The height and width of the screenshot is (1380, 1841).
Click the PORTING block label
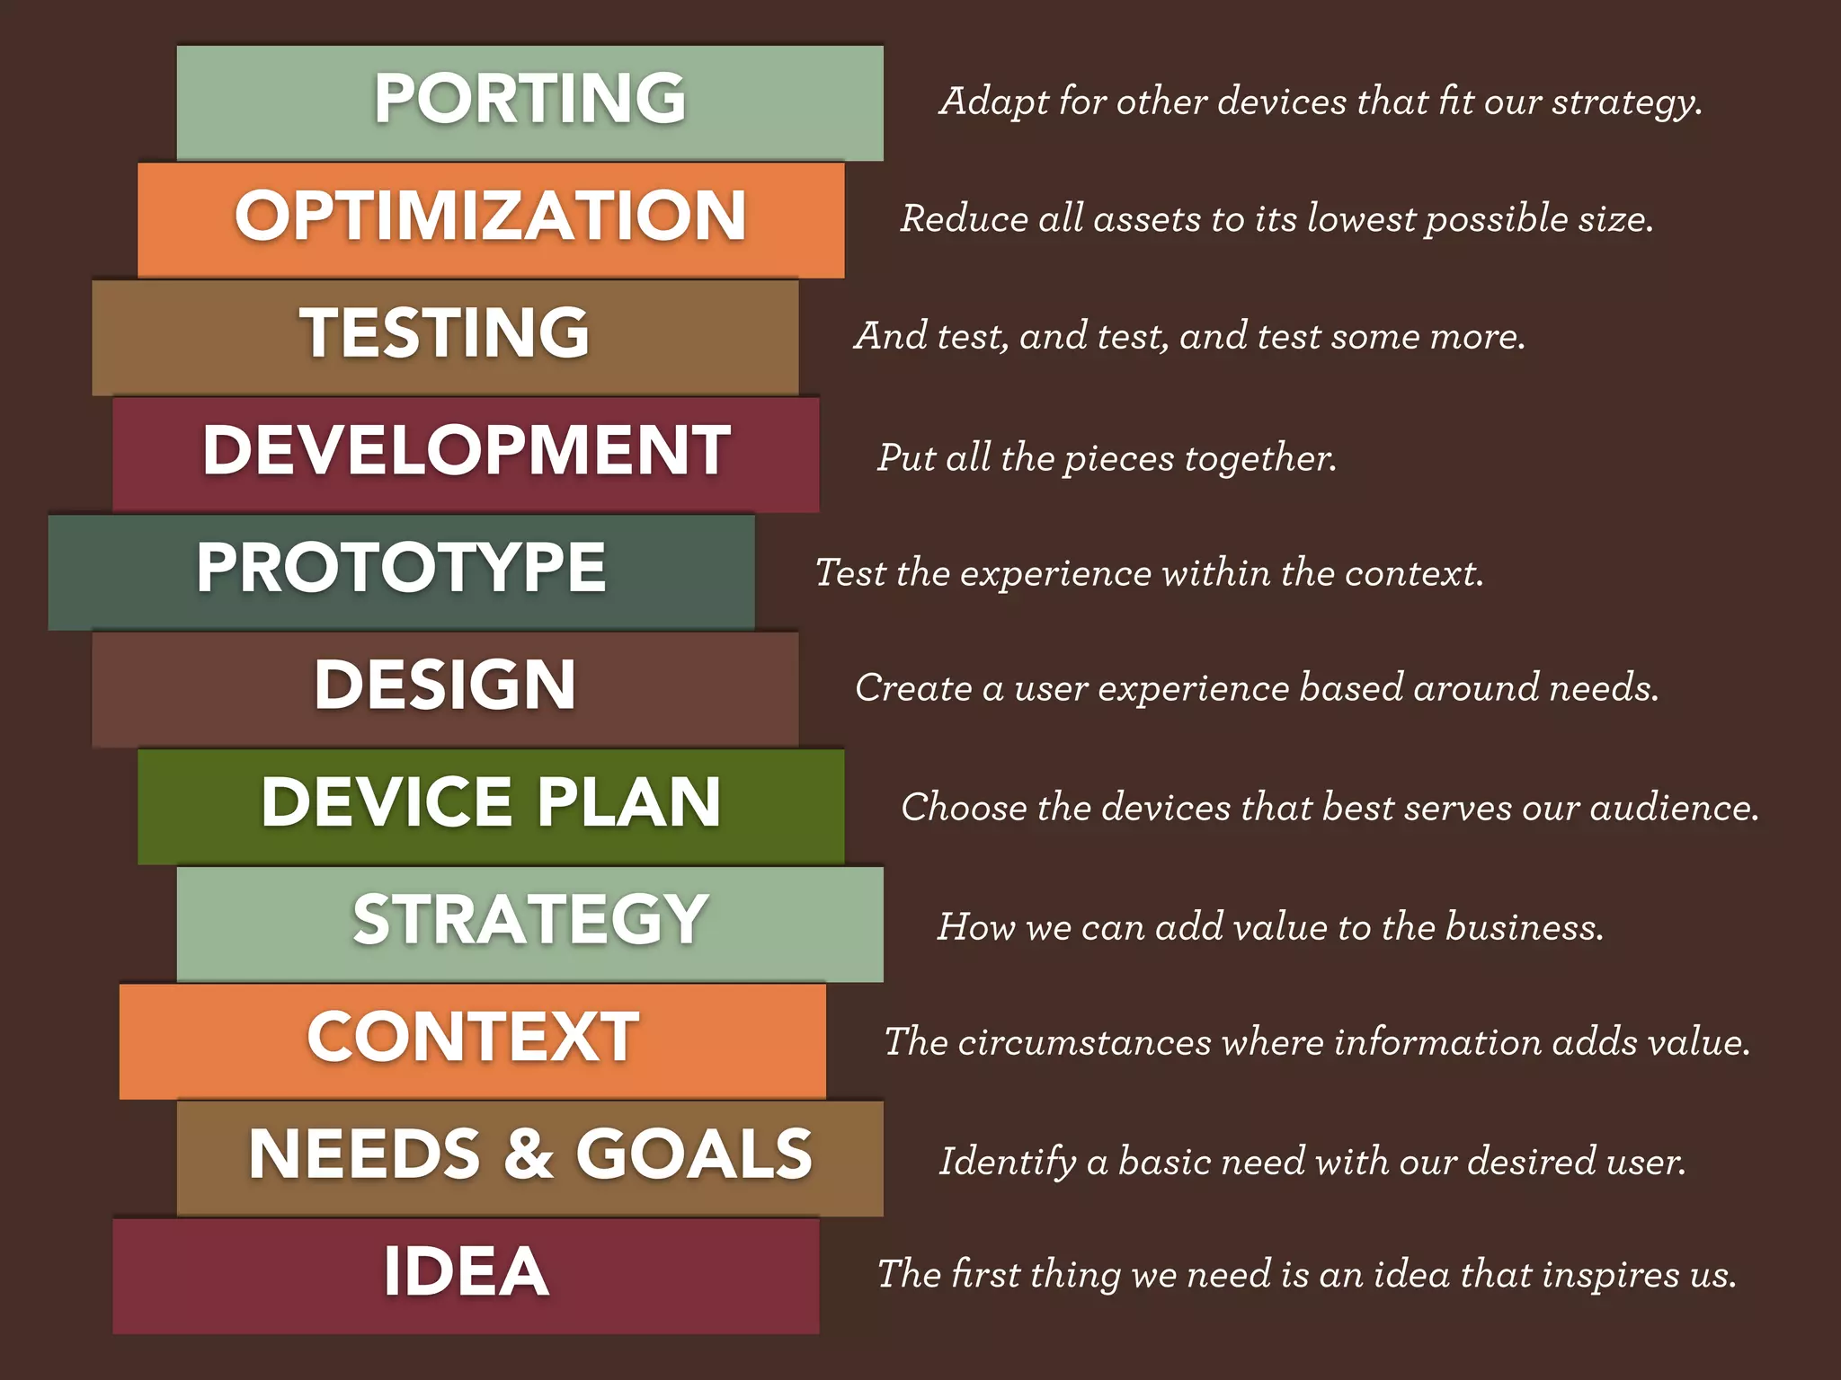coord(529,98)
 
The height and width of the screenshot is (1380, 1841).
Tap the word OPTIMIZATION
coord(491,217)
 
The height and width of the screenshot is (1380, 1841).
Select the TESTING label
coord(445,333)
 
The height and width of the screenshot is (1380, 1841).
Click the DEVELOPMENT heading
coord(467,450)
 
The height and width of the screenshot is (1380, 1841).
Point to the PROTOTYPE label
coord(401,568)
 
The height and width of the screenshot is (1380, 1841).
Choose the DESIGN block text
coord(445,685)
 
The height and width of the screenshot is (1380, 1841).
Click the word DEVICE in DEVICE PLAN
coord(387,801)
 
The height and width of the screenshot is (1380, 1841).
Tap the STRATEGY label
coord(530,919)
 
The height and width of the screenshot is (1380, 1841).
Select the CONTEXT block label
coord(473,1037)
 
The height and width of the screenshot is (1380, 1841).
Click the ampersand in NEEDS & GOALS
coord(529,1154)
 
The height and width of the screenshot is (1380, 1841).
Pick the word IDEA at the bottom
coord(466,1271)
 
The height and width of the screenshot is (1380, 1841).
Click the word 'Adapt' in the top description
coord(993,102)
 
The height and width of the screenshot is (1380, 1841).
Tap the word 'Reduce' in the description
coord(964,219)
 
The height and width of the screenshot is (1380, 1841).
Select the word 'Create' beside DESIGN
coord(913,688)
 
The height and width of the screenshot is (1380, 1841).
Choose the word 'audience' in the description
coord(1672,808)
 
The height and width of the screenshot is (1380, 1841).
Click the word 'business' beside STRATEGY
coord(1523,927)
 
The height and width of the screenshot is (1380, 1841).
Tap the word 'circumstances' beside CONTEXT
coord(1084,1042)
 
